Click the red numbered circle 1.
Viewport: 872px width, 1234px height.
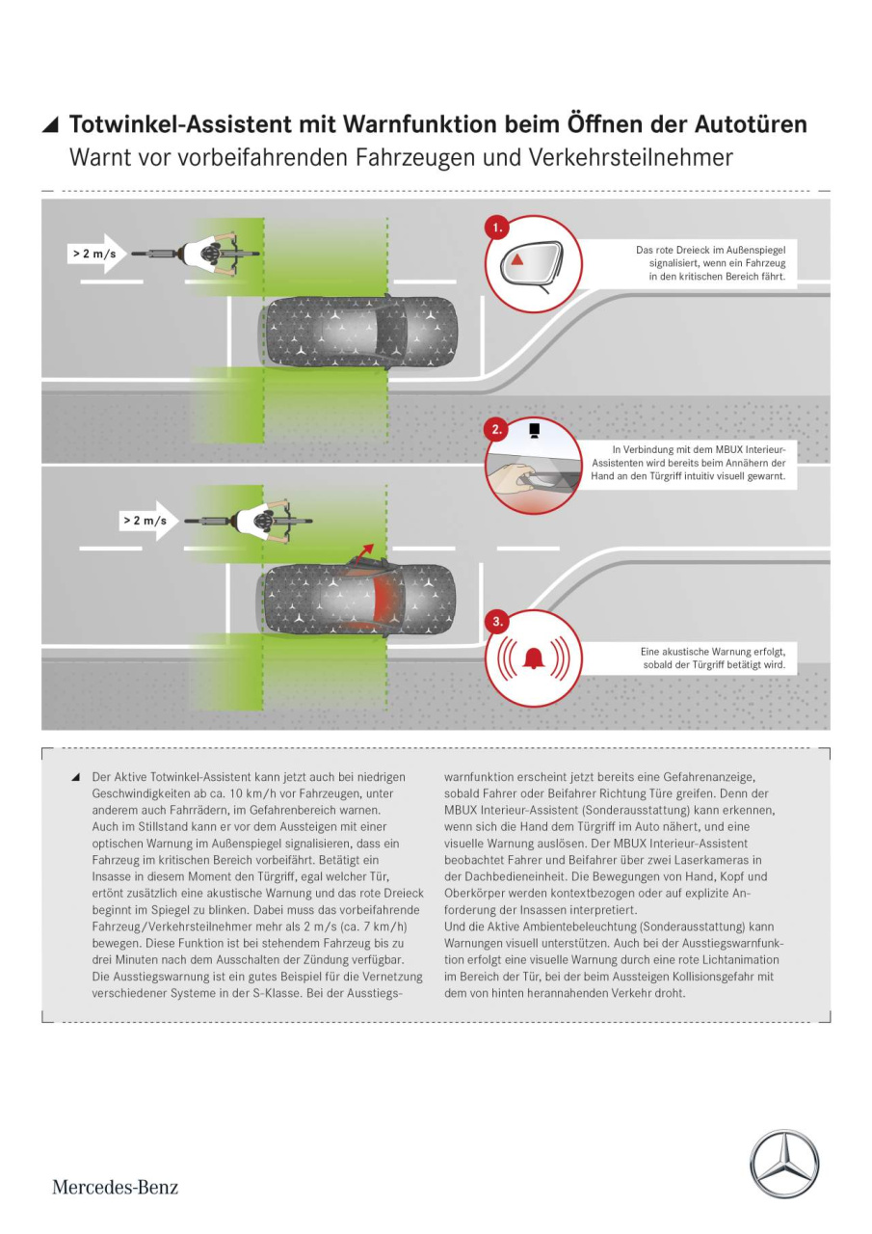(x=497, y=228)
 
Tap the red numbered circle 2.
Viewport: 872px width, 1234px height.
(x=496, y=430)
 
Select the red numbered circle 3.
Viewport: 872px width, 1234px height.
(x=497, y=622)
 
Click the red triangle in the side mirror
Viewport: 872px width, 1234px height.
(x=516, y=259)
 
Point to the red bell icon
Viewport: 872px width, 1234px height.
(x=533, y=658)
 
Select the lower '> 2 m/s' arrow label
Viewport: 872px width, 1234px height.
(x=148, y=521)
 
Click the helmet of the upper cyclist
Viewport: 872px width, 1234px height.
(x=210, y=253)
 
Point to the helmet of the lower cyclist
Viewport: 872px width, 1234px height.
(x=262, y=521)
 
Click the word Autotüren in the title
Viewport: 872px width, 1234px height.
(x=751, y=124)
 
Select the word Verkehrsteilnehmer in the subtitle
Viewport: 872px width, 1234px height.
(x=630, y=157)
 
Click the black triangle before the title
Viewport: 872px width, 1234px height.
(x=51, y=125)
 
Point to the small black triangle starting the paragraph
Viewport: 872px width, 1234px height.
(x=76, y=777)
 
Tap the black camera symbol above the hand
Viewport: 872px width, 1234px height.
(x=534, y=430)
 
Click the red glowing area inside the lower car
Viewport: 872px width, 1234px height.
(x=380, y=600)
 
